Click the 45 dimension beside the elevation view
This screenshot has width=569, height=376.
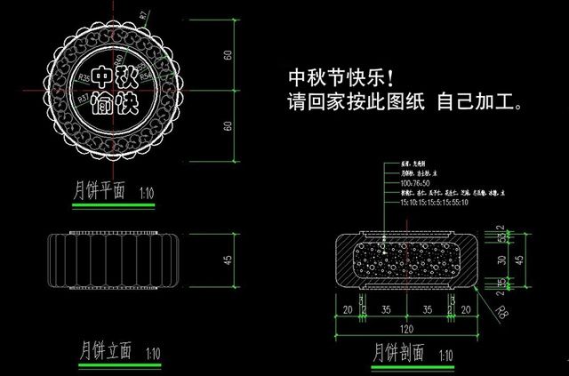(x=228, y=260)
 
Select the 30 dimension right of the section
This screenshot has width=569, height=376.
(x=502, y=260)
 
